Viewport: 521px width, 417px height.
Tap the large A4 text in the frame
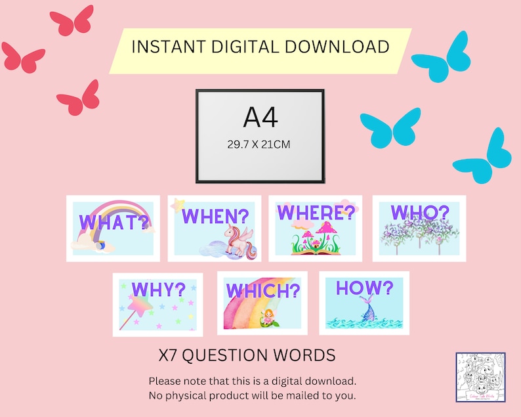coord(260,118)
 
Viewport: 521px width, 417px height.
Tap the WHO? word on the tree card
coord(420,212)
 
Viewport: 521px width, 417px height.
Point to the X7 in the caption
coord(168,355)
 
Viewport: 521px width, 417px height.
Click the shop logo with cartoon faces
coord(480,377)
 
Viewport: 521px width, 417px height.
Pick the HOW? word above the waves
coord(364,288)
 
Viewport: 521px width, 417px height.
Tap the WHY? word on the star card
coord(157,290)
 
